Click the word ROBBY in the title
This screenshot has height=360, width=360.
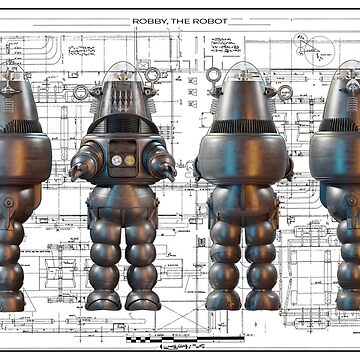[x=150, y=21]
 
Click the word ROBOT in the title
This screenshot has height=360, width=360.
[x=210, y=21]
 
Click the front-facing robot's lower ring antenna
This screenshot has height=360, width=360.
[x=81, y=93]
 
